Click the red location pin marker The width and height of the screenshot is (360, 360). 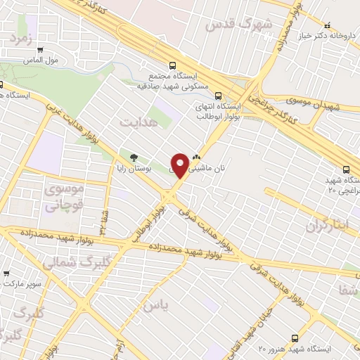click(x=180, y=165)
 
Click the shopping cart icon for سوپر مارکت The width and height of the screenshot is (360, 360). click(x=6, y=273)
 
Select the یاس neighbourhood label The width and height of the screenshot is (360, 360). click(x=157, y=306)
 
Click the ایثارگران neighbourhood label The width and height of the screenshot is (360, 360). click(x=328, y=226)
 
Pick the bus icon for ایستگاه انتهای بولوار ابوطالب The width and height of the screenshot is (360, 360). click(x=218, y=96)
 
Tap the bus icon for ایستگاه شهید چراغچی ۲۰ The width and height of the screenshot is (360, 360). click(x=346, y=169)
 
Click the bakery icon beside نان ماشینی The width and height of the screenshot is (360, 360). click(x=196, y=159)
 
